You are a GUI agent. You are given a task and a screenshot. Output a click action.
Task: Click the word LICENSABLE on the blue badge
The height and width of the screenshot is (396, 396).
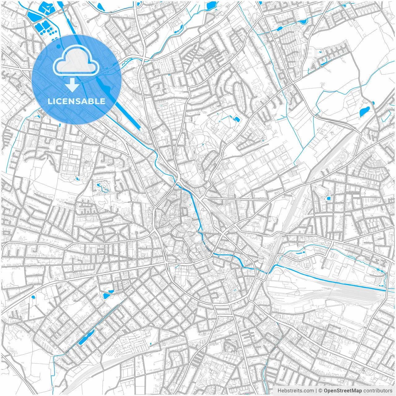pyautogui.click(x=76, y=101)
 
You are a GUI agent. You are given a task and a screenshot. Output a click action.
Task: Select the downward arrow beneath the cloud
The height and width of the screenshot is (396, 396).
pyautogui.click(x=72, y=85)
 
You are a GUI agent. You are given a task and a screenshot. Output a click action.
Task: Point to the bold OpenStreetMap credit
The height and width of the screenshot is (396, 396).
pyautogui.click(x=342, y=391)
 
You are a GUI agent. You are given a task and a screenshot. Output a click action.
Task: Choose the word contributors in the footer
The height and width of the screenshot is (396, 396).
pyautogui.click(x=378, y=391)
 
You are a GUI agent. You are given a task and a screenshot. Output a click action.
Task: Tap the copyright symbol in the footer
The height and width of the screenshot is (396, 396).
pyautogui.click(x=321, y=391)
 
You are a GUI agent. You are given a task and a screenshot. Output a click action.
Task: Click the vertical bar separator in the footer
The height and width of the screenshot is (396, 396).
pyautogui.click(x=316, y=391)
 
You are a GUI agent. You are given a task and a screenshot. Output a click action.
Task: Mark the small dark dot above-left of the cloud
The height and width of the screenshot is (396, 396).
pyautogui.click(x=59, y=46)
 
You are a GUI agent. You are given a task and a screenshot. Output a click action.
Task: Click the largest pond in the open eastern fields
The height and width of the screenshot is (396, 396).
pyautogui.click(x=364, y=111)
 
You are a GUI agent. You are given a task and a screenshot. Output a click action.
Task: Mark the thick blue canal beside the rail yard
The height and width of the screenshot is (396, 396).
pyautogui.click(x=328, y=280)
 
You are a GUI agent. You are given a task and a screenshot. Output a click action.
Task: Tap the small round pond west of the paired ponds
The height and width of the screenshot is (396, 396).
pyautogui.click(x=33, y=297)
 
